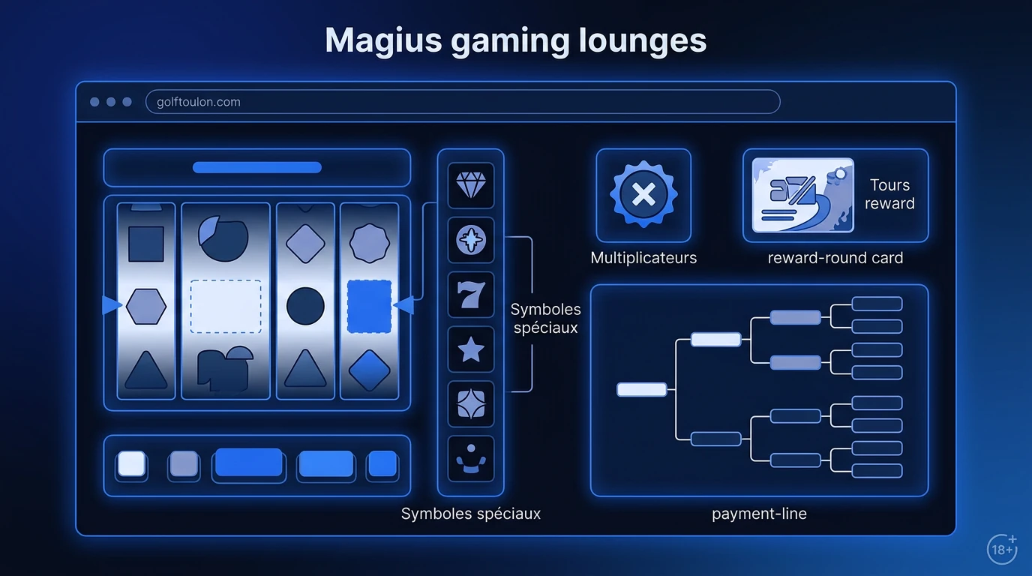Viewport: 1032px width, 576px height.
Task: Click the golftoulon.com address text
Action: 199,102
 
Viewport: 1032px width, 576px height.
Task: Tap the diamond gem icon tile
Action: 471,185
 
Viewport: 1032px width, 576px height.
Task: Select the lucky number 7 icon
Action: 471,295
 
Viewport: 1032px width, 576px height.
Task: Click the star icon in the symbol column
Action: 471,349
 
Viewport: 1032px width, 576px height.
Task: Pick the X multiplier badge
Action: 643,194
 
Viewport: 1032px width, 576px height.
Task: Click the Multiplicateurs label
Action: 643,257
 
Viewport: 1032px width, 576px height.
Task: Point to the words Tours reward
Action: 889,194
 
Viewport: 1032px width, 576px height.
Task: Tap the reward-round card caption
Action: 835,258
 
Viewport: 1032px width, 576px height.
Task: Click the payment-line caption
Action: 759,514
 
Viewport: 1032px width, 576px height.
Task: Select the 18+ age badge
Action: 1002,549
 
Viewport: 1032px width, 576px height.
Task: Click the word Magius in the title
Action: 383,40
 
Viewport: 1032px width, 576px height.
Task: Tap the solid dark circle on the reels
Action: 305,307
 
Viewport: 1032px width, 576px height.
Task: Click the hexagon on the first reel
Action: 146,307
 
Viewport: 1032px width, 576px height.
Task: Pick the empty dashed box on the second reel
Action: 226,307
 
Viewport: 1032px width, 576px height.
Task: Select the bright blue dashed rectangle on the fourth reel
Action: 369,307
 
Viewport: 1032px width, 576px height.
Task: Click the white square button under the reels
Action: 132,463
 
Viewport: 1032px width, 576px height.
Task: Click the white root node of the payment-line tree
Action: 642,389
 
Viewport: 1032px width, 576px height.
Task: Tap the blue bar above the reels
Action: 257,167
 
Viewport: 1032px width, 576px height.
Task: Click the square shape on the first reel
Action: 146,244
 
